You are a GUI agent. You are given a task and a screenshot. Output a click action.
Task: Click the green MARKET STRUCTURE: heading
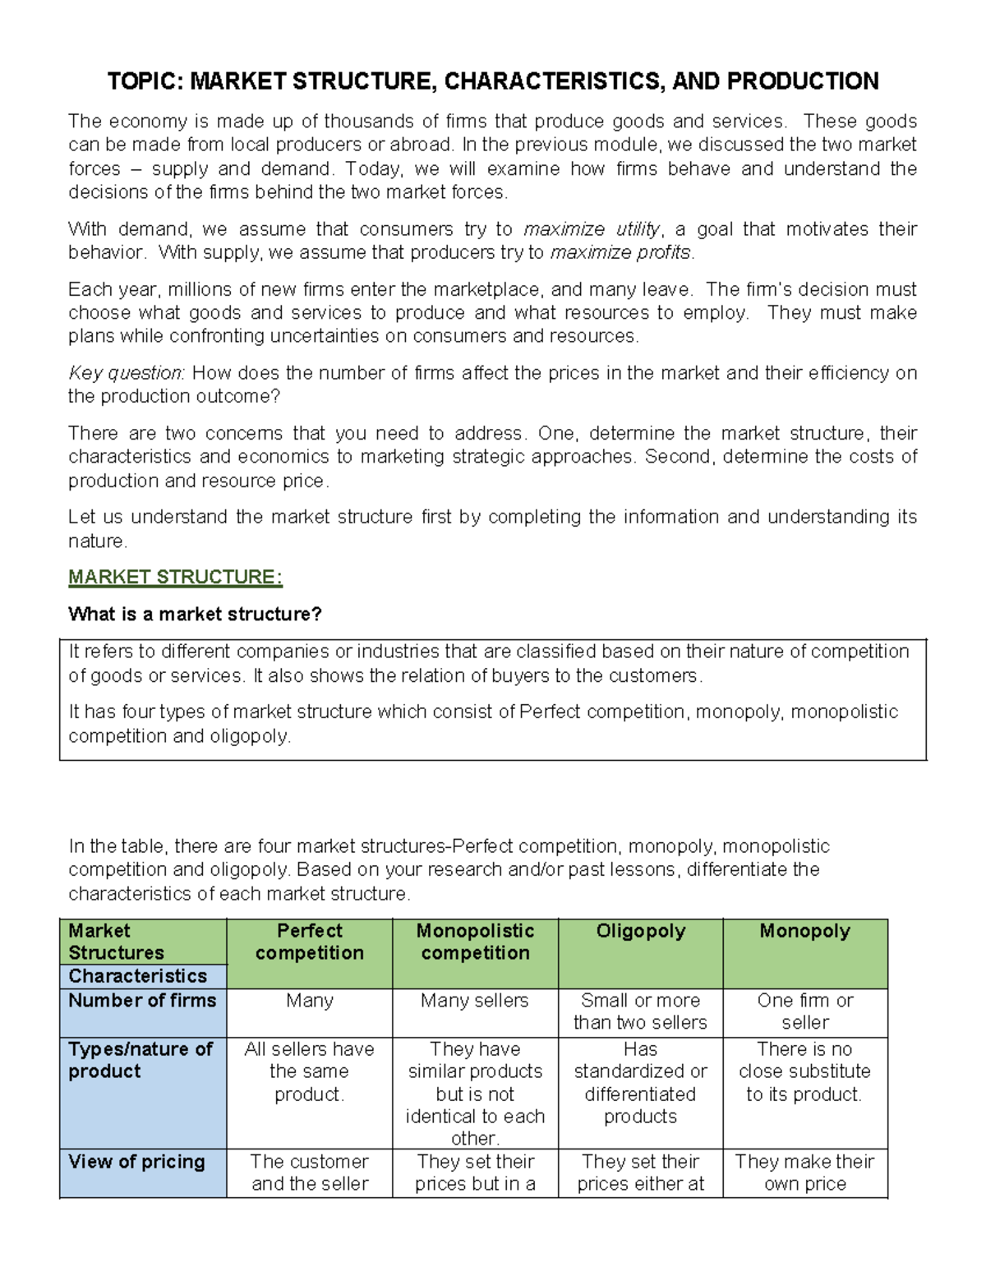tap(175, 578)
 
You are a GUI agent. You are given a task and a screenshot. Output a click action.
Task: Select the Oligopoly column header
tap(640, 931)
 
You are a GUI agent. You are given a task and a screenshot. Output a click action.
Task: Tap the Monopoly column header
tap(804, 931)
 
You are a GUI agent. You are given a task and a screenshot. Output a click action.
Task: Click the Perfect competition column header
tap(309, 942)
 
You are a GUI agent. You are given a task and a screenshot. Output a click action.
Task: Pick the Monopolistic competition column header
tap(475, 942)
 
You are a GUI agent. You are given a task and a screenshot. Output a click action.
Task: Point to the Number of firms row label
tap(142, 1001)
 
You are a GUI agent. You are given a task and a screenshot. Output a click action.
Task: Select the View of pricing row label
tap(136, 1162)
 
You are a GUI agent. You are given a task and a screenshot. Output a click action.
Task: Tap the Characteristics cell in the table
tap(137, 976)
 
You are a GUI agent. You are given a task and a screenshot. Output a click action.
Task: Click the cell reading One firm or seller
tap(804, 1011)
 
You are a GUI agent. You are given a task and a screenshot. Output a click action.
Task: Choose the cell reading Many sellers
tap(474, 1001)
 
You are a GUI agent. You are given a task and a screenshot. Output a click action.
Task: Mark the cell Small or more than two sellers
tap(640, 1011)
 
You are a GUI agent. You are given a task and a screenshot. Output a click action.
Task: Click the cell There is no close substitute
tap(804, 1071)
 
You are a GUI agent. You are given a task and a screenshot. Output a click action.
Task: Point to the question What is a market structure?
tap(195, 615)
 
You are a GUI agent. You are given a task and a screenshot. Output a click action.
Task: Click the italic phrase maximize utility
tap(592, 229)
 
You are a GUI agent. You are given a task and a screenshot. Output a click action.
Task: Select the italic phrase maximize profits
tap(621, 252)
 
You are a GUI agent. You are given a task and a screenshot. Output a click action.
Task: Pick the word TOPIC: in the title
tap(145, 81)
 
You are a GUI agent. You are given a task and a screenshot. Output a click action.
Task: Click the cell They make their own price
tap(804, 1172)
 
